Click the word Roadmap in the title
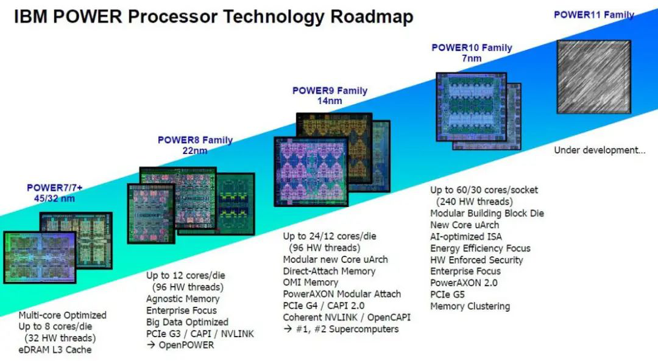(372, 17)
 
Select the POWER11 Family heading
(594, 15)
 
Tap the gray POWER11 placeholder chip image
(594, 77)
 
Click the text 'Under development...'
(600, 150)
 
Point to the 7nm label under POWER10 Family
(472, 58)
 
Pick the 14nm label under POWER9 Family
(330, 100)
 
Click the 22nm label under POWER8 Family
(195, 150)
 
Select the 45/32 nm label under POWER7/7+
(54, 198)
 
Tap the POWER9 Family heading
(330, 91)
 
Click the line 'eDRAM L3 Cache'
(55, 349)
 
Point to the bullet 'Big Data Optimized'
(187, 322)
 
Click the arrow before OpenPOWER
(150, 345)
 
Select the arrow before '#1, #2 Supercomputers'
(288, 329)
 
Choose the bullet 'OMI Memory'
(311, 282)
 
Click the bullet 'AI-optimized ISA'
(466, 236)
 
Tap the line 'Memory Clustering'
(470, 306)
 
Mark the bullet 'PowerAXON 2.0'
(464, 283)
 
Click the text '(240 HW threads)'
(475, 202)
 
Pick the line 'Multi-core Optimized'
(63, 315)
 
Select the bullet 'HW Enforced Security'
(476, 260)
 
